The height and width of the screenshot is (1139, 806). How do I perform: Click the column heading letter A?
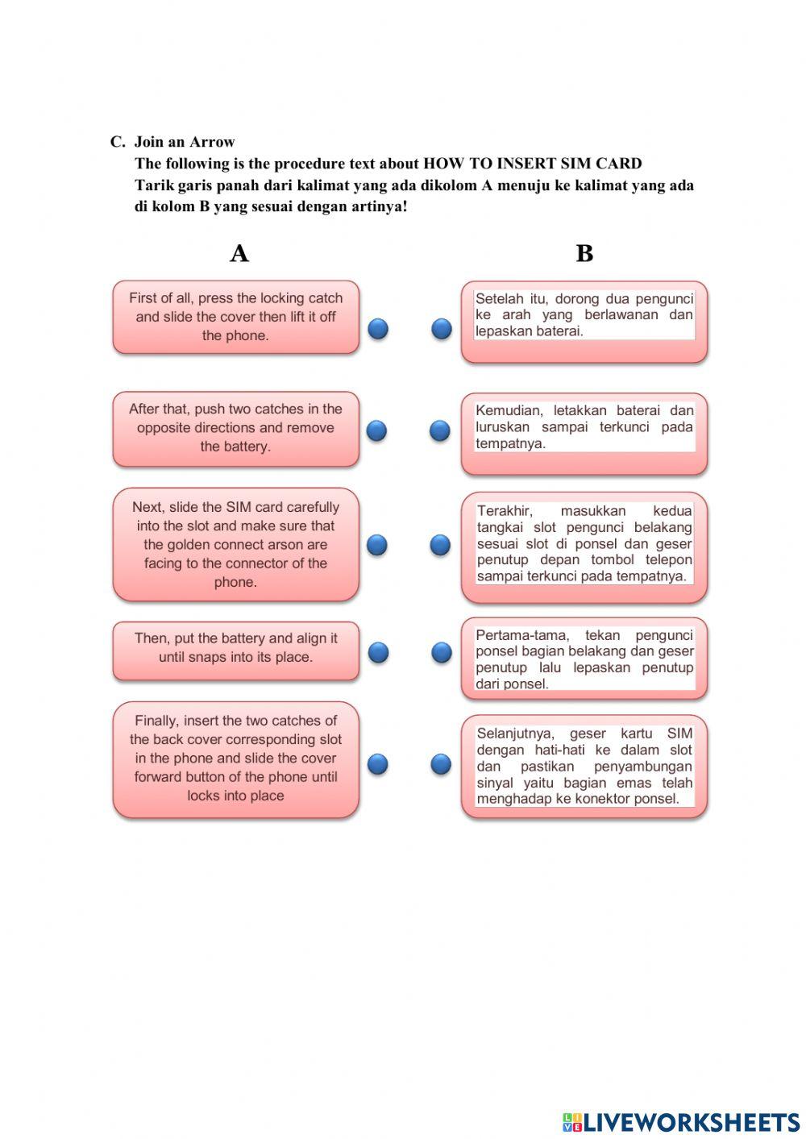click(239, 253)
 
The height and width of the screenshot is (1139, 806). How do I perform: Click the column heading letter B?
click(584, 253)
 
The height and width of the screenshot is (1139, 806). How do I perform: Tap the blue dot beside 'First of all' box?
click(378, 328)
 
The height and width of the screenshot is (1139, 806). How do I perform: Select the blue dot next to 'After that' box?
click(376, 430)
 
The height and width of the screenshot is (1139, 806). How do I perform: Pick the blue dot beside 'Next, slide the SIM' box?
click(376, 545)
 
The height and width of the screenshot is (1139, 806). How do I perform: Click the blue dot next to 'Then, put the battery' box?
click(378, 652)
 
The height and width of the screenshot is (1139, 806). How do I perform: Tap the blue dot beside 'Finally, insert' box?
click(377, 763)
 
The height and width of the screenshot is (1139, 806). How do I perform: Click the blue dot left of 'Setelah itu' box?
click(441, 328)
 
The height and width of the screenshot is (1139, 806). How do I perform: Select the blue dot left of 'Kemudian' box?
click(439, 430)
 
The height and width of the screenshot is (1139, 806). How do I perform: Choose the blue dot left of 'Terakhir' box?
click(440, 545)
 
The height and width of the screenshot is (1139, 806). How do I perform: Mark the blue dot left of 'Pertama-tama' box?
click(441, 652)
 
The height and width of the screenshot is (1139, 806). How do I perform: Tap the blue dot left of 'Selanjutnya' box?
click(440, 763)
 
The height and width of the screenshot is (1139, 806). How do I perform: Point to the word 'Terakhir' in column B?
click(504, 511)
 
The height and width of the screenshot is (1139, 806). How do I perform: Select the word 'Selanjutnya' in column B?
click(515, 734)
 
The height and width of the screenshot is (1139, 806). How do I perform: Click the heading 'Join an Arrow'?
click(184, 142)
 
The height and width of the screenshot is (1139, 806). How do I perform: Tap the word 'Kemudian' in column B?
click(508, 410)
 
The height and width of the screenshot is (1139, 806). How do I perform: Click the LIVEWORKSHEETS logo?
click(681, 1122)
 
